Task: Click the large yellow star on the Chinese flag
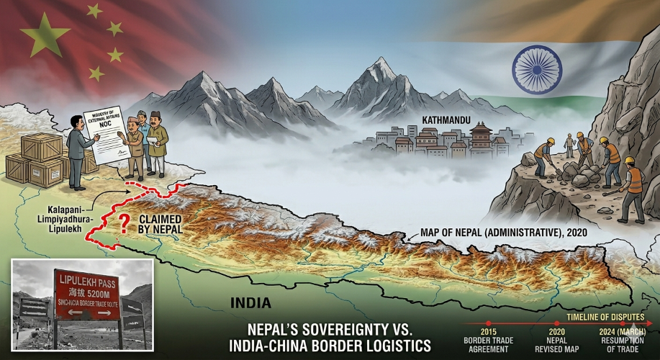click(x=45, y=35)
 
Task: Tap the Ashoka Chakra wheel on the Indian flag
click(x=536, y=69)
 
